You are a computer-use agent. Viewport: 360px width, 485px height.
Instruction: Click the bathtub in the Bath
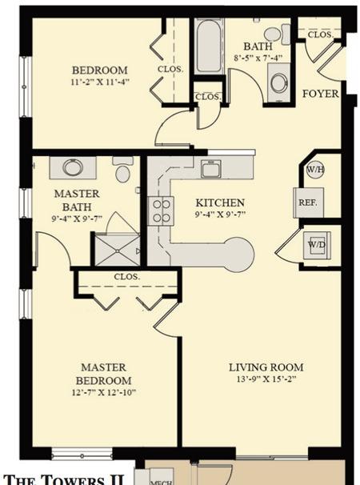click(209, 46)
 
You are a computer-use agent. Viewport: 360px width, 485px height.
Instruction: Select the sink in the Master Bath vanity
click(73, 167)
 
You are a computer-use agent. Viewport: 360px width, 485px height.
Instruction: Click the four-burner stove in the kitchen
click(161, 211)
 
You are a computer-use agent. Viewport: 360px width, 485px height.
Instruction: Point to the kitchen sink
click(210, 169)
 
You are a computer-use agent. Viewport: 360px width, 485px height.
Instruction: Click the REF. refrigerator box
click(308, 203)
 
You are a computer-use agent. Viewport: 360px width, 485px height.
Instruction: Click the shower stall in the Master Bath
click(118, 251)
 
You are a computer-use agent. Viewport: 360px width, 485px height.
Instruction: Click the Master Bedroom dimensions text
click(104, 392)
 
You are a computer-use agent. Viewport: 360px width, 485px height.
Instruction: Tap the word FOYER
click(321, 94)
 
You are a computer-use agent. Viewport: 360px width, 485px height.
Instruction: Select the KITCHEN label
click(220, 203)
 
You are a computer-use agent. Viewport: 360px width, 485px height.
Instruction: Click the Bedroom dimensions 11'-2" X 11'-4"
click(100, 82)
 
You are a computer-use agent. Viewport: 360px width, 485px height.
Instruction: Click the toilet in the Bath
click(278, 34)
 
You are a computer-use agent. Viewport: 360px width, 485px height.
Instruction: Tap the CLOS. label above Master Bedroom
click(127, 277)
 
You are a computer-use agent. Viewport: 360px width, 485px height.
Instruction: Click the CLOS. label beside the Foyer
click(320, 34)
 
